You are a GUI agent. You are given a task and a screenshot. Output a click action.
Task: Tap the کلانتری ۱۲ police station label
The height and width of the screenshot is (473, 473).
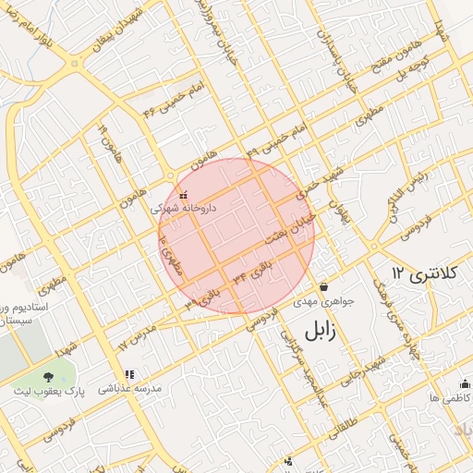click(x=411, y=273)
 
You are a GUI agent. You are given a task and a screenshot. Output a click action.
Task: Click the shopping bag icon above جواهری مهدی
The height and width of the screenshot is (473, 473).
click(x=323, y=287)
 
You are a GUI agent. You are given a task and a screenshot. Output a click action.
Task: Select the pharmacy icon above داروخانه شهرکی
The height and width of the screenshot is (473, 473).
click(x=183, y=195)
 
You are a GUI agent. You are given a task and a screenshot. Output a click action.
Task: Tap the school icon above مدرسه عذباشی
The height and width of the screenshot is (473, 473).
click(x=129, y=374)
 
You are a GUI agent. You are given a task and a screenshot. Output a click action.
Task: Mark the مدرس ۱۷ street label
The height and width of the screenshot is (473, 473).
click(x=134, y=337)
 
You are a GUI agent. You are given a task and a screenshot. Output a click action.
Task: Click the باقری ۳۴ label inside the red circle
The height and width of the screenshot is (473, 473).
click(x=253, y=274)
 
